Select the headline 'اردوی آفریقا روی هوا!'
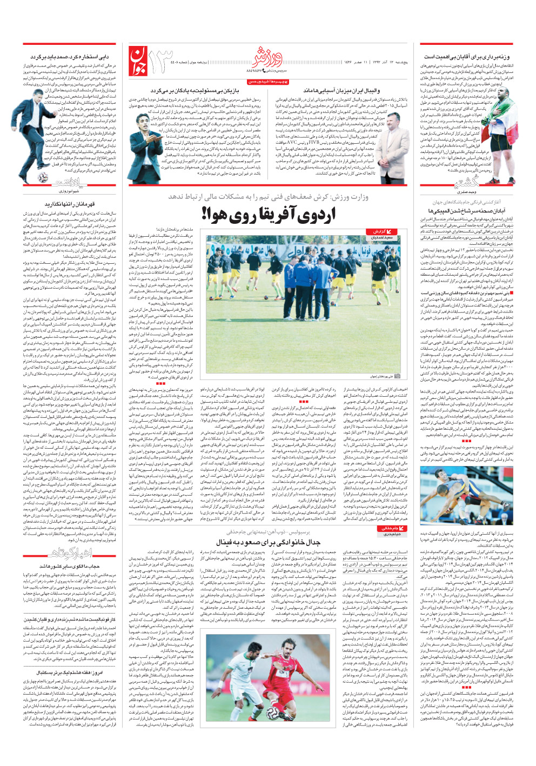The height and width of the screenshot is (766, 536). pyautogui.click(x=269, y=214)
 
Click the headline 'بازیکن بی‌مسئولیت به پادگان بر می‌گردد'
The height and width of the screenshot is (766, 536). pyautogui.click(x=195, y=91)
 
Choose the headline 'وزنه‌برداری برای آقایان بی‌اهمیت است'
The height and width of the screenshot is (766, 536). pyautogui.click(x=466, y=57)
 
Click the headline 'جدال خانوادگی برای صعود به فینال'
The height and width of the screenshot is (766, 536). pyautogui.click(x=268, y=541)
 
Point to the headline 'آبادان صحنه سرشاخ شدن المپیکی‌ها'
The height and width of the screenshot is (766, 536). pyautogui.click(x=466, y=211)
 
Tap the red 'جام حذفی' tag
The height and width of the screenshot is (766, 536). pyautogui.click(x=390, y=528)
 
